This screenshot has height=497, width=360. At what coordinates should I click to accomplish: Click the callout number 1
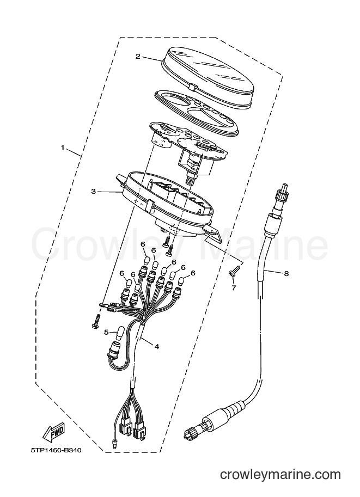coord(63,148)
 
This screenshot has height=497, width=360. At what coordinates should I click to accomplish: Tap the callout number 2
coord(138,57)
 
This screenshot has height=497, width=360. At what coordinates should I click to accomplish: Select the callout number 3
coord(93,192)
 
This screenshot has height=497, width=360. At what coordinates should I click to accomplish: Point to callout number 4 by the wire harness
coord(156,346)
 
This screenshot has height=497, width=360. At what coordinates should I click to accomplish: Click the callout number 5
coord(107,332)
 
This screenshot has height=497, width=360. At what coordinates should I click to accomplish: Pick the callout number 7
coord(234,288)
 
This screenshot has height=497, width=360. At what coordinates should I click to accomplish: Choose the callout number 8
coord(286,273)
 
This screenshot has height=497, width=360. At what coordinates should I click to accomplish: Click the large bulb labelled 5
coord(121,334)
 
